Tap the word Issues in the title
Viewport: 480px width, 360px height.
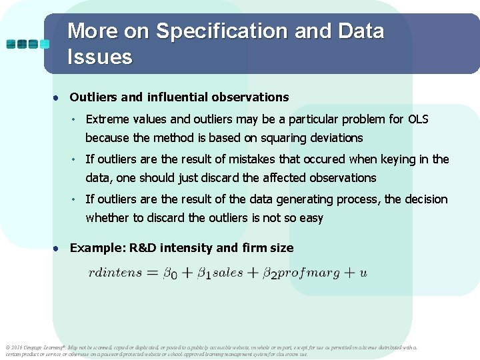point(100,57)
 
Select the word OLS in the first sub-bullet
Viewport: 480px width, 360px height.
point(418,119)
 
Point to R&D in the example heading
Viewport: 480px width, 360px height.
point(142,248)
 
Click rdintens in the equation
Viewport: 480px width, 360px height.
point(115,273)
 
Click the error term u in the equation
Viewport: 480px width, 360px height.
point(363,273)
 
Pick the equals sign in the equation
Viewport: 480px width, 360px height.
point(153,273)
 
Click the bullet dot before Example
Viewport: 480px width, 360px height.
point(59,248)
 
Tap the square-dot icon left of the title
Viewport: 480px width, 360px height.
point(27,44)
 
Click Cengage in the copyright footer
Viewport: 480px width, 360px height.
point(35,347)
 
